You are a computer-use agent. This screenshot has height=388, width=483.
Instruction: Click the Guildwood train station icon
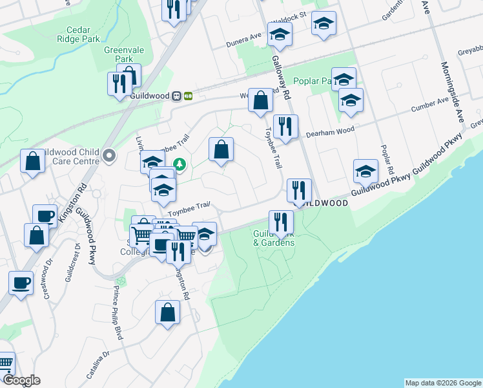pos(182,96)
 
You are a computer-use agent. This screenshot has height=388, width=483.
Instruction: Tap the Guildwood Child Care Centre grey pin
pos(109,155)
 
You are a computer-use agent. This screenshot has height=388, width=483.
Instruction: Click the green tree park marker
pos(181,165)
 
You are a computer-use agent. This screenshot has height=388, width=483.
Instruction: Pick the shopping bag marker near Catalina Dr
pos(167,312)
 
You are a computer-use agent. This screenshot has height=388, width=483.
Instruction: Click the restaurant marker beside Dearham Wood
pos(285,125)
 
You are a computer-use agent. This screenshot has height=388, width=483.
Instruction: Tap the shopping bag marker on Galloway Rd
pos(260,101)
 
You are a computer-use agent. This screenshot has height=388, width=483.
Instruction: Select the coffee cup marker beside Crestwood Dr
pos(21,283)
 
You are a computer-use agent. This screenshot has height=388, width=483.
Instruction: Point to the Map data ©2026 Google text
pos(443,383)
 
